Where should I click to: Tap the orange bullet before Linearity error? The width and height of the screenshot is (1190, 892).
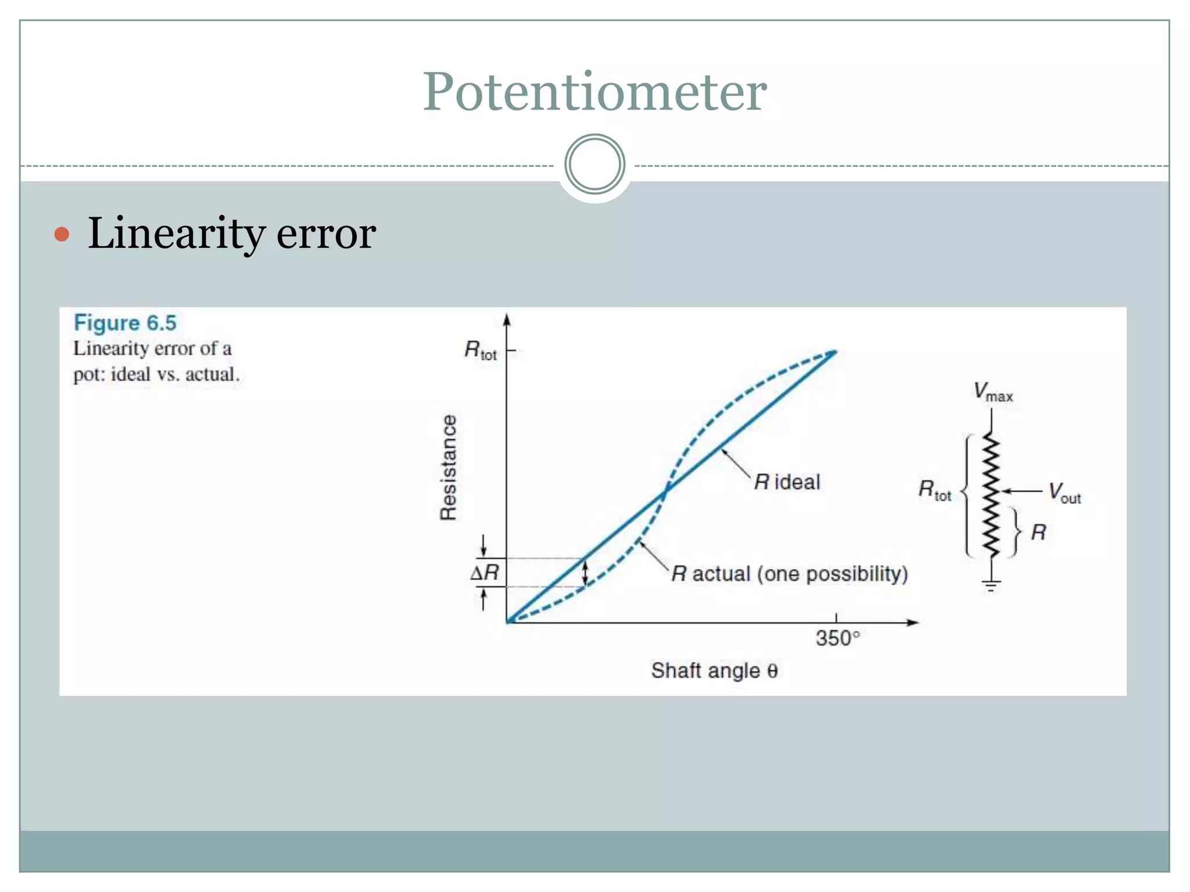click(62, 235)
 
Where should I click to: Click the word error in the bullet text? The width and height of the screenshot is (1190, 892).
click(326, 234)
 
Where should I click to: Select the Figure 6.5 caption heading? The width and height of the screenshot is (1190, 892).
click(125, 323)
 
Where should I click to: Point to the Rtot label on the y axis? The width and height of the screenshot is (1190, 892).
click(481, 351)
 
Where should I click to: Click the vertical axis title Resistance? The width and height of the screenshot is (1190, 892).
click(449, 467)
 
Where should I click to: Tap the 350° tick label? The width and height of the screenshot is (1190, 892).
click(837, 638)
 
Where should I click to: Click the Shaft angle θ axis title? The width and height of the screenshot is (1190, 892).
click(714, 671)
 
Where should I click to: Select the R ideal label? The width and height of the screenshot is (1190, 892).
click(787, 482)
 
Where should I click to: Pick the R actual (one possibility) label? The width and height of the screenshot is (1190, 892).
click(790, 574)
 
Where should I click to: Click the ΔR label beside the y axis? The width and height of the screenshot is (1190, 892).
click(485, 573)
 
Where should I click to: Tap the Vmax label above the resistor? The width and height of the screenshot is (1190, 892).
click(993, 392)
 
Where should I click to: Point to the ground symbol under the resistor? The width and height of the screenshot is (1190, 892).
click(991, 585)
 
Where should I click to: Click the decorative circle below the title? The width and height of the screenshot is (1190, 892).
click(594, 164)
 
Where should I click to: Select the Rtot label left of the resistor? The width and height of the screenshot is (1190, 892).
click(934, 490)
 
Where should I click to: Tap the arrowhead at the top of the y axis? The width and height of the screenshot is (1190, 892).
click(507, 321)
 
